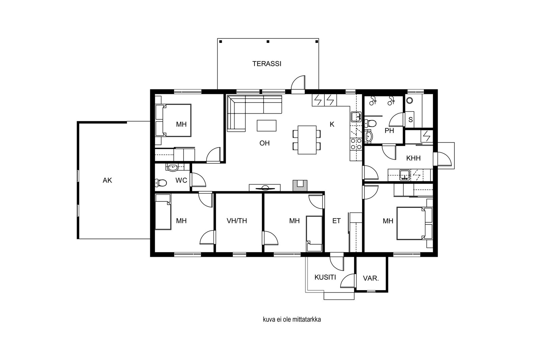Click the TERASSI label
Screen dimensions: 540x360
point(267,64)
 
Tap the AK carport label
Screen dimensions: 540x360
point(107,180)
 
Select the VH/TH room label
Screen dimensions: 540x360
point(237,221)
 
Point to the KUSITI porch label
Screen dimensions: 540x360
point(325,277)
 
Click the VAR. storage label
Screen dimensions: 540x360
point(371,278)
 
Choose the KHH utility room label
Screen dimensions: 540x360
point(413,158)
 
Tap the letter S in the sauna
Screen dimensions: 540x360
point(410,119)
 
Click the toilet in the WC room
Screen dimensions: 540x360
point(161,183)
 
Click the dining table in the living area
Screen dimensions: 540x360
point(307,140)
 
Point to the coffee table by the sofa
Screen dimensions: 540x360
point(266,126)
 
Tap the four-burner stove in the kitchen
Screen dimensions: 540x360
point(356,144)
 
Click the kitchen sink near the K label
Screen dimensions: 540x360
point(356,117)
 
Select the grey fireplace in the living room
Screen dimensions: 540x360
point(300,186)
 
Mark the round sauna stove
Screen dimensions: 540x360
point(409,101)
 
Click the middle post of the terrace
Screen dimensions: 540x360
point(268,41)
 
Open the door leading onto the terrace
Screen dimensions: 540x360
point(298,85)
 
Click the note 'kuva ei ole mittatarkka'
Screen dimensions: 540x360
point(292,320)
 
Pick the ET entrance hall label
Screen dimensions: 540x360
point(336,221)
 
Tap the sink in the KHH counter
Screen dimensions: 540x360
point(404,175)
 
